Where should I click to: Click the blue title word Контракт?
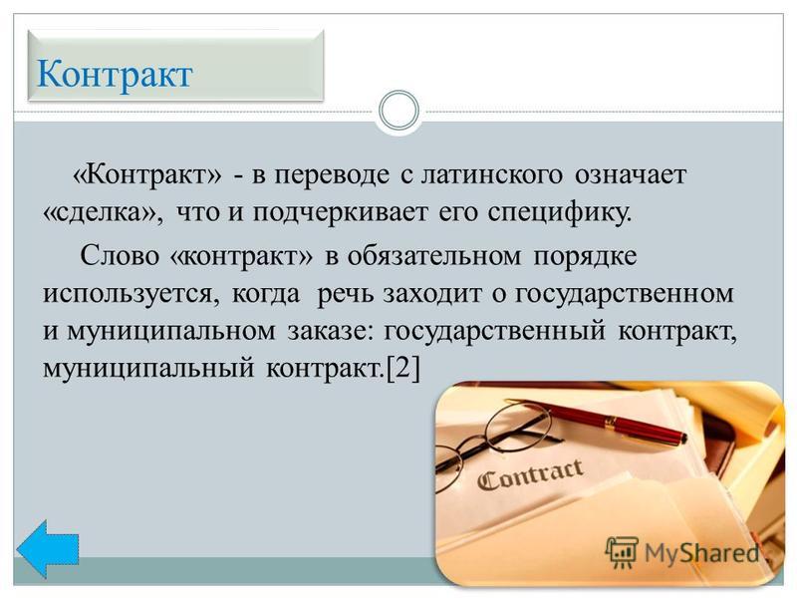(115, 74)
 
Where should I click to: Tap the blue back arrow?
(47, 549)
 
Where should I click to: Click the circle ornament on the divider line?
(399, 111)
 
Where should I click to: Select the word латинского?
(492, 174)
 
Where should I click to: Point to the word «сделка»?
(104, 212)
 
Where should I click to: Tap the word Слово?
(120, 255)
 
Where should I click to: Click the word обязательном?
(434, 255)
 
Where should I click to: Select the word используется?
(132, 294)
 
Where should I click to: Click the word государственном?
(625, 294)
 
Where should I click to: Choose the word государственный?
(494, 332)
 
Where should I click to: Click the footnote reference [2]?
(403, 368)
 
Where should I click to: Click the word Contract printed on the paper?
(530, 473)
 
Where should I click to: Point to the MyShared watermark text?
(702, 553)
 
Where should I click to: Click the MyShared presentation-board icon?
(622, 552)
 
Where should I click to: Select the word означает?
(631, 174)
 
